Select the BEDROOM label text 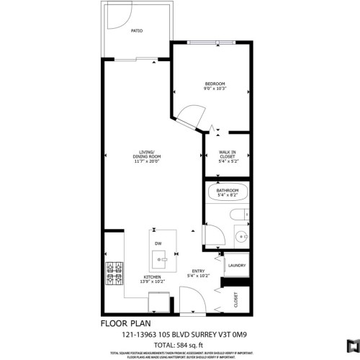(215, 84)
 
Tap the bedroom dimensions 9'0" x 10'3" (215, 89)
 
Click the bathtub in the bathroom (228, 193)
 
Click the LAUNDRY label (236, 265)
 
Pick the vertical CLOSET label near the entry (235, 300)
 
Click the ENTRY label (198, 271)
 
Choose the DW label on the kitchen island (158, 243)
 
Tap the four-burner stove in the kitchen (114, 274)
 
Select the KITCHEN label (151, 277)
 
